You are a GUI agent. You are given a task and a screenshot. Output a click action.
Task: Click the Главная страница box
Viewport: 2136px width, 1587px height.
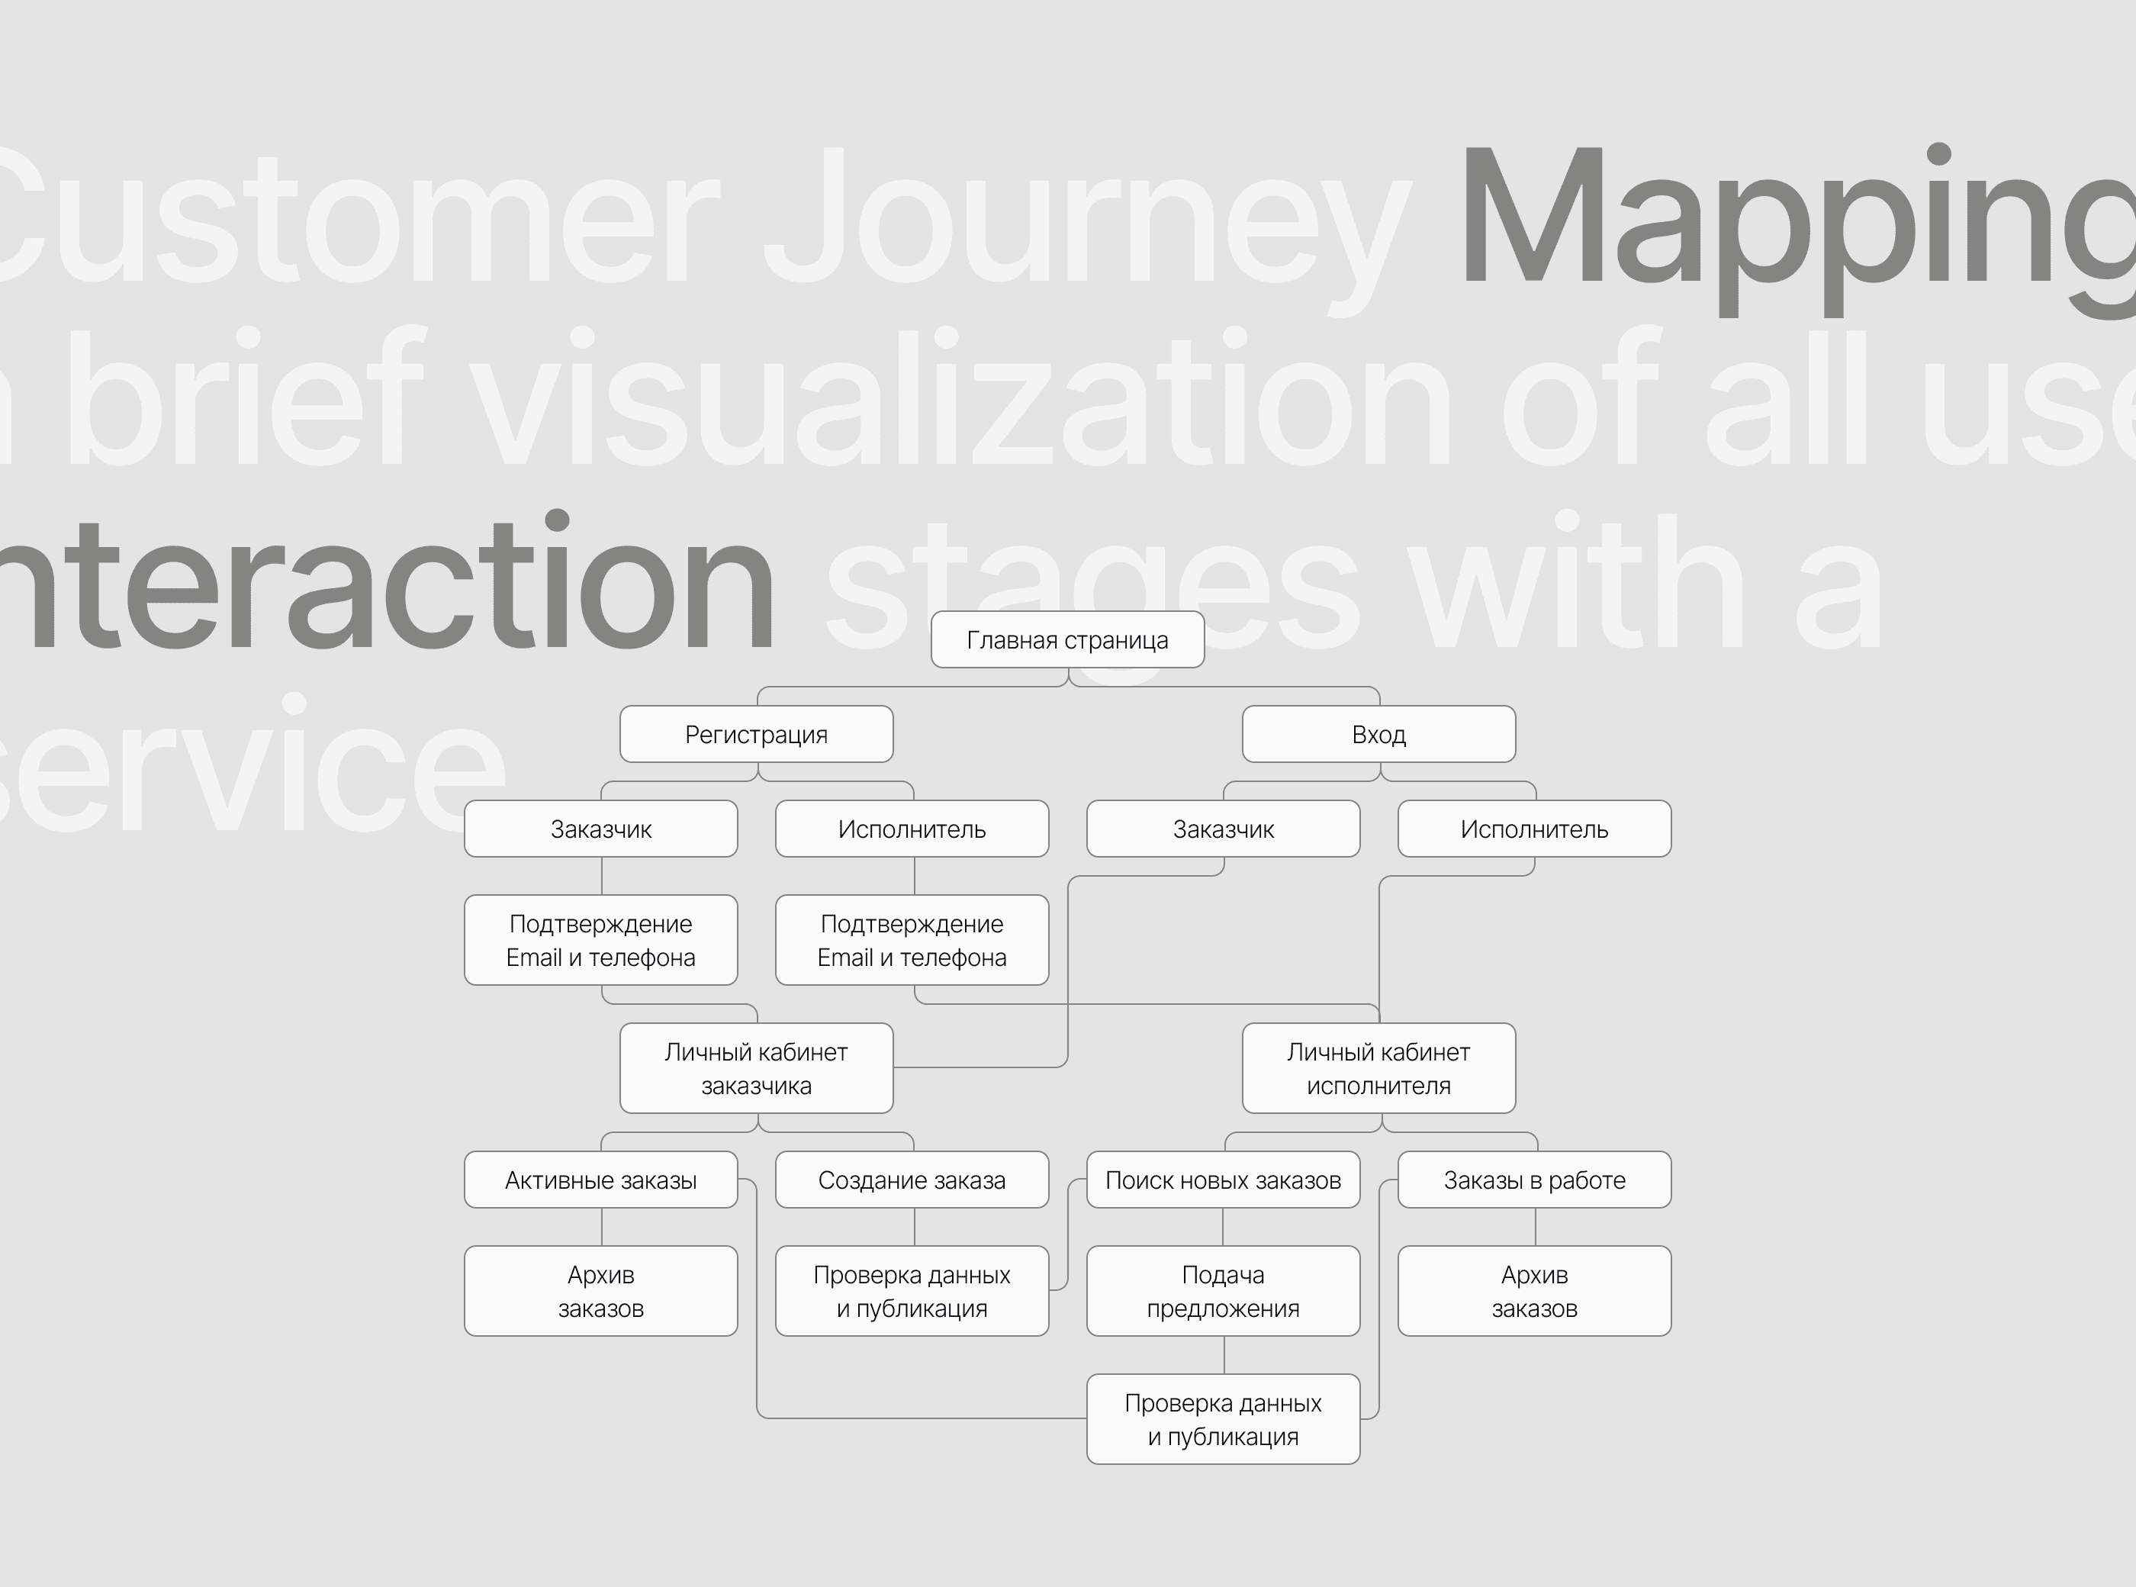[x=1067, y=640]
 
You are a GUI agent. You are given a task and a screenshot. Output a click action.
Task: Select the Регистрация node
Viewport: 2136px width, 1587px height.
[x=756, y=735]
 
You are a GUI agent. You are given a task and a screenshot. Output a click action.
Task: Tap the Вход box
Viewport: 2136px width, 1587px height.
[x=1378, y=735]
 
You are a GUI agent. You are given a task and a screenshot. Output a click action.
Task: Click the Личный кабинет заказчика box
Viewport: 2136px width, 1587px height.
[x=756, y=1068]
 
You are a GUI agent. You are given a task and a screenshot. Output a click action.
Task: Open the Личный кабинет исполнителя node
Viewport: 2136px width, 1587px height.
[x=1378, y=1068]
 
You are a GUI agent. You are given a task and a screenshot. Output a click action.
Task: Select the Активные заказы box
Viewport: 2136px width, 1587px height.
[x=600, y=1180]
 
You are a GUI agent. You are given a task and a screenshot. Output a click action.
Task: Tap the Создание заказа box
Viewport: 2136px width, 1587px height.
[x=912, y=1180]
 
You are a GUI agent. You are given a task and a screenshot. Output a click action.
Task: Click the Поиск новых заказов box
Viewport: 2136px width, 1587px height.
[x=1223, y=1180]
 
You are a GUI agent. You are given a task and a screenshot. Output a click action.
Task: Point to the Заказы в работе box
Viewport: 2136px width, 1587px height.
[x=1534, y=1180]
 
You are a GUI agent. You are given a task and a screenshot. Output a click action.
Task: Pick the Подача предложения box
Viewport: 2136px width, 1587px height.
[x=1223, y=1291]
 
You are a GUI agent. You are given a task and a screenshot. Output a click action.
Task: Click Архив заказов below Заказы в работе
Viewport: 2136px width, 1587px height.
[x=1534, y=1291]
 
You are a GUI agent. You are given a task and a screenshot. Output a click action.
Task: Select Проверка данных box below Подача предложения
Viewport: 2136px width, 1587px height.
[x=1223, y=1419]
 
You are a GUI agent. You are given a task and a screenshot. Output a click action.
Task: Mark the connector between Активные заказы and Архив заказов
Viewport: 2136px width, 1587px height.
[x=602, y=1227]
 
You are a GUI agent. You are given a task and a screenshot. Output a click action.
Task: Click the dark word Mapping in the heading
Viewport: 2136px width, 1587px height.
[x=1796, y=221]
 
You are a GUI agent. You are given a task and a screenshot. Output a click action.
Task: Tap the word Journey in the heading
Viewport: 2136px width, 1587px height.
[x=1086, y=221]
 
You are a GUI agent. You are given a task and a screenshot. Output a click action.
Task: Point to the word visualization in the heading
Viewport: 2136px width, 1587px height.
[x=960, y=399]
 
